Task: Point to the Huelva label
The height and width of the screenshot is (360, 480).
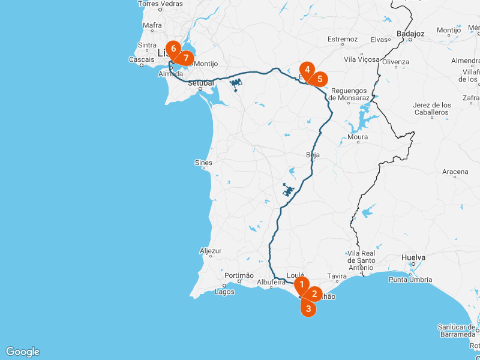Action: pos(413,257)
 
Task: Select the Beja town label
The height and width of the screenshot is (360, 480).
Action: pos(313,155)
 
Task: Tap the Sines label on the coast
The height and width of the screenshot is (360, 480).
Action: pos(203,163)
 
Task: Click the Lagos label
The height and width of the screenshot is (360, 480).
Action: pos(224,292)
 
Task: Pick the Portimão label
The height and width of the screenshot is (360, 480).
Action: pos(239,275)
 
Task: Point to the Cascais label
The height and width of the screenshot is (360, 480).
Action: pos(141,59)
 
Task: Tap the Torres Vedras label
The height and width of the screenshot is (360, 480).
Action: pos(160,4)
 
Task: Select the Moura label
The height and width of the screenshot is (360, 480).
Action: pos(358,137)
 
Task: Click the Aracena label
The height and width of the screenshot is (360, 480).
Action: pos(455,172)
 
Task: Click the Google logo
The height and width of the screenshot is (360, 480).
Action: pos(23,352)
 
